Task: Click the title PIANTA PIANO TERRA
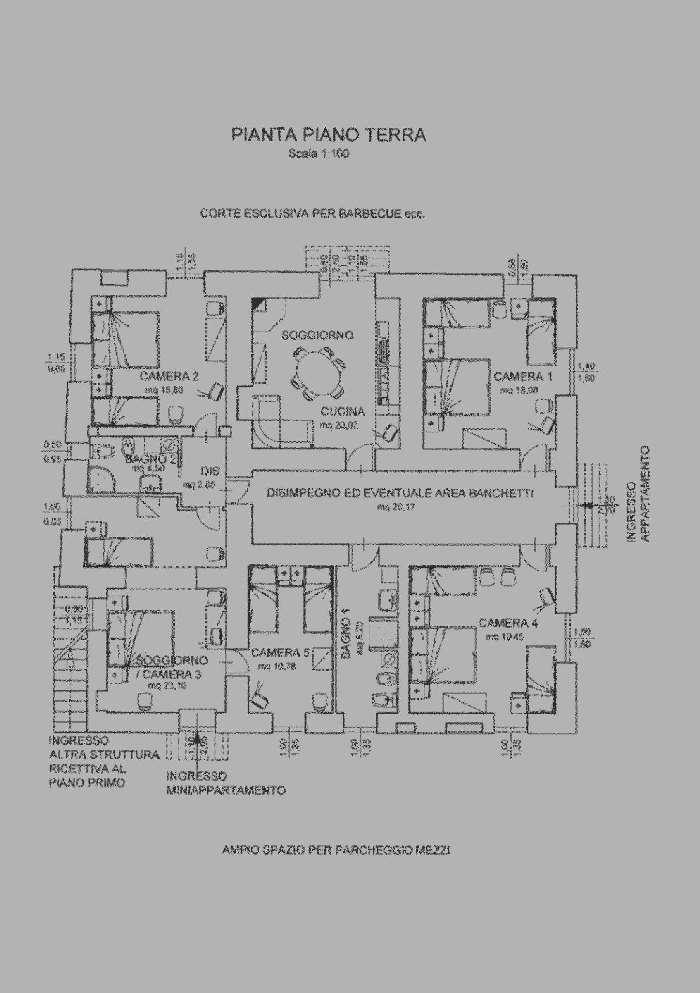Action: click(329, 135)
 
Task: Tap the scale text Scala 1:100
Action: click(319, 154)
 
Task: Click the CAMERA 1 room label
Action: click(523, 376)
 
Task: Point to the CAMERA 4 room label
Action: click(508, 623)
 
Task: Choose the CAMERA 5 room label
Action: click(280, 653)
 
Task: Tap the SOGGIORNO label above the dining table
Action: click(317, 336)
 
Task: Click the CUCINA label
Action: click(343, 412)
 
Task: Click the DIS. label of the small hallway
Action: click(211, 472)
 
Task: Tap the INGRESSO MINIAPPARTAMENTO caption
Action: click(226, 784)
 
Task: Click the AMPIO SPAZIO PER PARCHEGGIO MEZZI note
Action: click(336, 850)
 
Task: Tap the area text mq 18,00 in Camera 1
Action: click(519, 390)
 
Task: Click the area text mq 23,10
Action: click(167, 686)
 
